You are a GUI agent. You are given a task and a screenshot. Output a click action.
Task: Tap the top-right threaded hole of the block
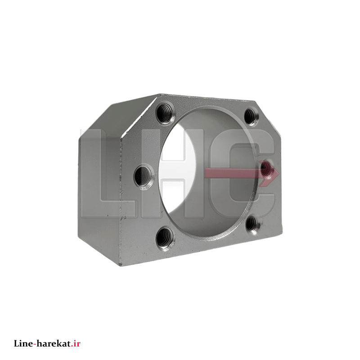pos(251,117)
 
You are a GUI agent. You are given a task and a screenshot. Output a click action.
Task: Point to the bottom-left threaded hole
pos(165,238)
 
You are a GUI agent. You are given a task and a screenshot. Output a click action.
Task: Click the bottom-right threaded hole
pos(252,224)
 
